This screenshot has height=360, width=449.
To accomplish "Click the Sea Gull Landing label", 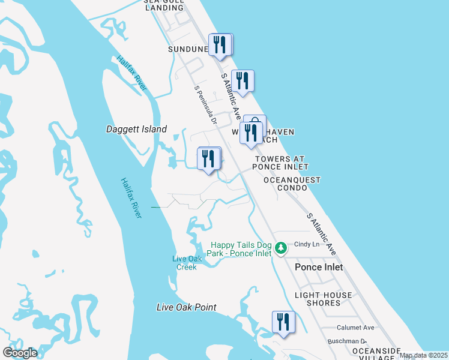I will pyautogui.click(x=163, y=5).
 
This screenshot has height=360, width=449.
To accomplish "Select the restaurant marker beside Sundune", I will pyautogui.click(x=220, y=45).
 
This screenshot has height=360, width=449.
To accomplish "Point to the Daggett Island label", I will pyautogui.click(x=136, y=129).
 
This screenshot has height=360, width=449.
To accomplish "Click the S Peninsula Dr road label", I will pyautogui.click(x=205, y=104).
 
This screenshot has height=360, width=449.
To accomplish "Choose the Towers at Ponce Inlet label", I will pyautogui.click(x=280, y=163).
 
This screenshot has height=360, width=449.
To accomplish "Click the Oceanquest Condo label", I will pyautogui.click(x=292, y=184).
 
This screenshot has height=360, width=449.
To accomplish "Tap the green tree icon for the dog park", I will pyautogui.click(x=280, y=247).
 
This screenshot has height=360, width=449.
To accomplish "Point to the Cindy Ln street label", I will pyautogui.click(x=306, y=244).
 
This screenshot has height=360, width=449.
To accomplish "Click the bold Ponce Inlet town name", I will pyautogui.click(x=319, y=267).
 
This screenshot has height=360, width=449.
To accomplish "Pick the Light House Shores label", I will pyautogui.click(x=324, y=299).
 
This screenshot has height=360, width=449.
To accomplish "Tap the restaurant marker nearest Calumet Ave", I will pyautogui.click(x=283, y=322).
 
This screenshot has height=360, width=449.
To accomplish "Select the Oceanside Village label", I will pyautogui.click(x=376, y=353).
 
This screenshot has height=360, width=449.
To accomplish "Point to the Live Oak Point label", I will pyautogui.click(x=186, y=308).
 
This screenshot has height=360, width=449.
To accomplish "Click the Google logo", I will pyautogui.click(x=20, y=353).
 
